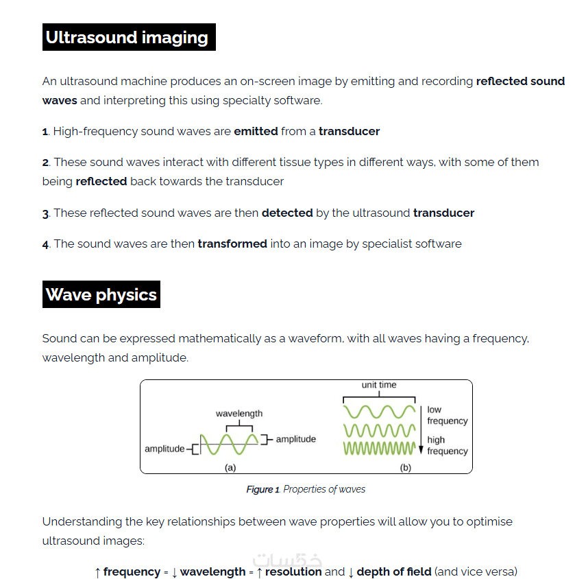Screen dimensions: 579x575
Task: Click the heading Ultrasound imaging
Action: click(127, 37)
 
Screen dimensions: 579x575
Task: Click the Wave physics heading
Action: click(101, 295)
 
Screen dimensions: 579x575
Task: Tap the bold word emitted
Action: click(256, 131)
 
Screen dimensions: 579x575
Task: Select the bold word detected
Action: click(287, 213)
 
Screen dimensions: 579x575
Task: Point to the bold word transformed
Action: click(232, 244)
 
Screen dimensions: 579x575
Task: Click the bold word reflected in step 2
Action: click(101, 181)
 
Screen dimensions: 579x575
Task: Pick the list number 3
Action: click(45, 213)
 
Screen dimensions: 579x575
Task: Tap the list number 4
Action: click(45, 244)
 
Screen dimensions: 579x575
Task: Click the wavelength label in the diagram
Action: click(239, 414)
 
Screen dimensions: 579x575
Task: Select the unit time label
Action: click(379, 385)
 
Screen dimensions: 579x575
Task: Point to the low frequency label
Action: click(447, 415)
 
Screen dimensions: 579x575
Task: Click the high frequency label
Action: click(447, 445)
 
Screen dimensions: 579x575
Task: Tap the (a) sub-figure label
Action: click(230, 468)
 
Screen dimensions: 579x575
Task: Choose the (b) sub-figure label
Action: click(405, 468)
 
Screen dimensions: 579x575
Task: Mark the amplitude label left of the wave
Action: click(164, 449)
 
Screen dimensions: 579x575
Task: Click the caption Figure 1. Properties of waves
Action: click(306, 489)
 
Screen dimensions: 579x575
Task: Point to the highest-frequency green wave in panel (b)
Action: click(379, 449)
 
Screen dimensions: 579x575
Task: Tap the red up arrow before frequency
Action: click(97, 572)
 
